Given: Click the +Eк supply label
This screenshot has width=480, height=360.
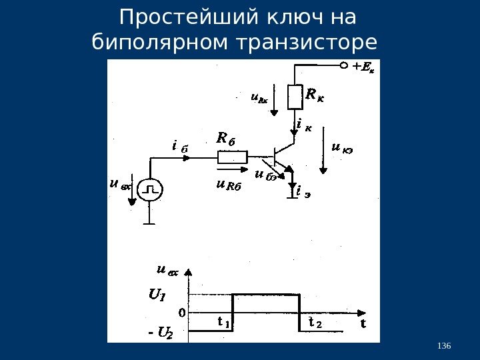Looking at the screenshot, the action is click(363, 66).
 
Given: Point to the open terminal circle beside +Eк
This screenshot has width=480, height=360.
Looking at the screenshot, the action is click(345, 66).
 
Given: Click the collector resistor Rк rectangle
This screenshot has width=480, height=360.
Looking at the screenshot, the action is click(294, 97).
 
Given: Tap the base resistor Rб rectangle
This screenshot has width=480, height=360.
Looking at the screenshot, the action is click(232, 157).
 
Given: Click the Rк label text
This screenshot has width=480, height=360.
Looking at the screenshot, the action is click(315, 95).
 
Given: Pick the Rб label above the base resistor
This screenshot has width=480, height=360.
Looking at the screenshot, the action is click(227, 139).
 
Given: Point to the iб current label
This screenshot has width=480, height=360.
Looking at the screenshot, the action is click(179, 145).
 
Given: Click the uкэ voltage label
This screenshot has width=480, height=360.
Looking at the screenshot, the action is click(342, 148).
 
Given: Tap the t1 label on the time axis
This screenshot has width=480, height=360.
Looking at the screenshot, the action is click(224, 323).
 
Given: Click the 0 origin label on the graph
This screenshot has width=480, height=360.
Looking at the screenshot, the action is click(181, 311).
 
